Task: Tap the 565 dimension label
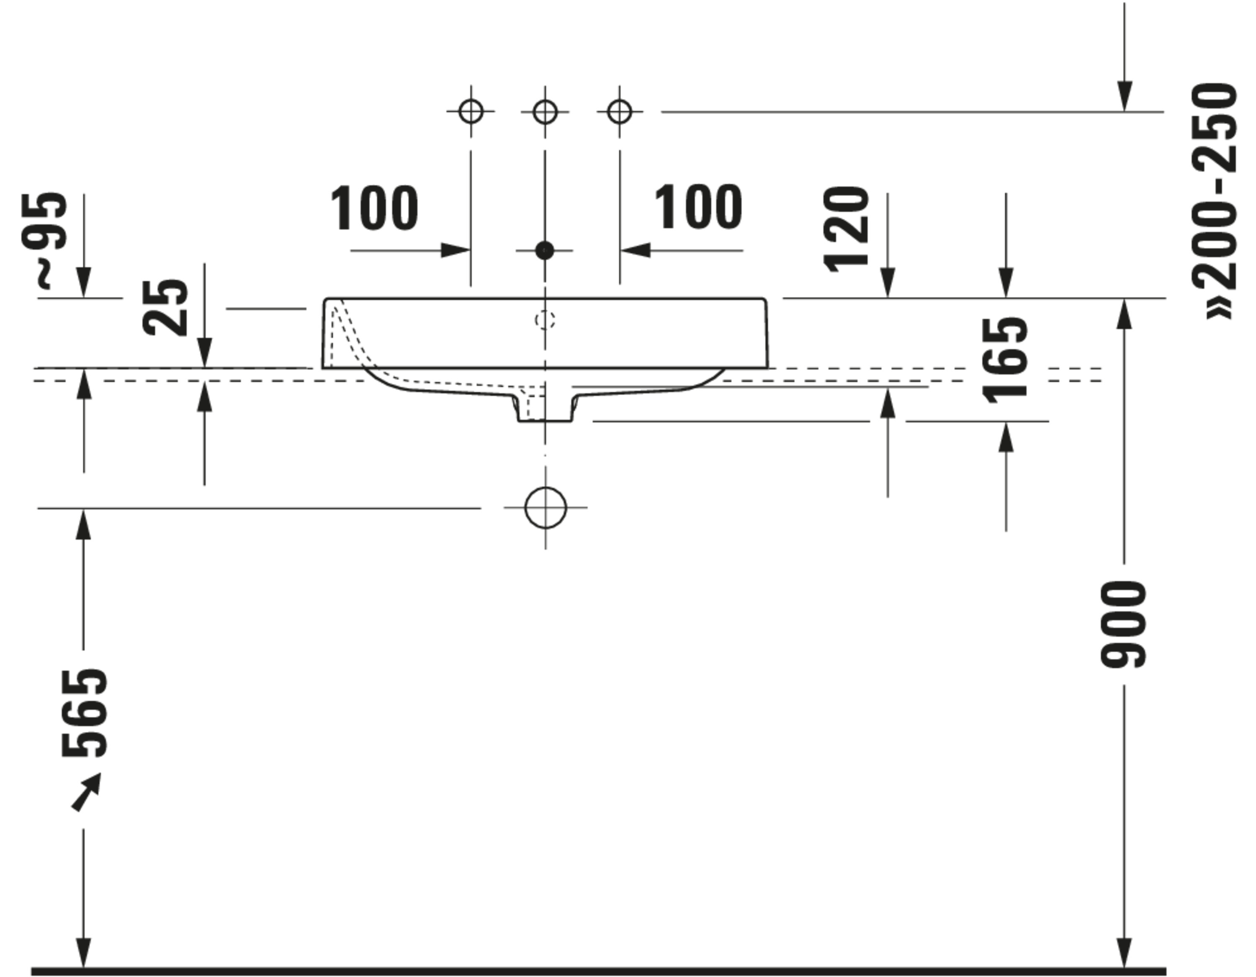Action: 85,713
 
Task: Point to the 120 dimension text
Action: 846,229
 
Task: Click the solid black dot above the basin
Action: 545,251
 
